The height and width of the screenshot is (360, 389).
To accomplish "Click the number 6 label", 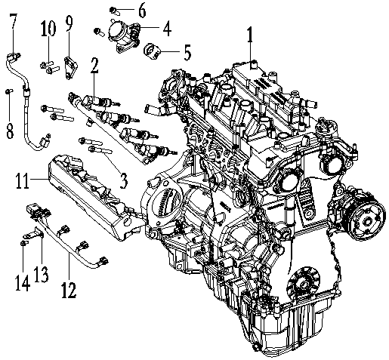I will click(x=142, y=11).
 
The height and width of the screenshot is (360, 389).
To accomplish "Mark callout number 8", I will click(x=10, y=129).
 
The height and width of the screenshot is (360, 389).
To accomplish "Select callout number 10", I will click(x=48, y=29).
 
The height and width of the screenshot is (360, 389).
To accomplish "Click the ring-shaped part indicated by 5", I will click(x=156, y=51).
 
